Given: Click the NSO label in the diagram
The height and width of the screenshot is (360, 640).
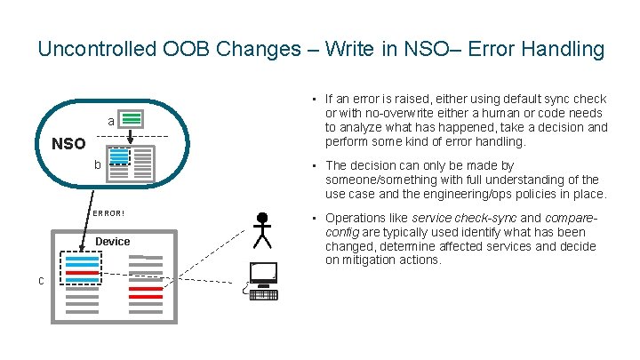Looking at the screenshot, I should (x=68, y=144).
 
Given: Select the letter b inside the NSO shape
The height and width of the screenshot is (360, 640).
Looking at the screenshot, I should (x=99, y=164).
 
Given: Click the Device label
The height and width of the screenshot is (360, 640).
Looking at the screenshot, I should (x=113, y=242).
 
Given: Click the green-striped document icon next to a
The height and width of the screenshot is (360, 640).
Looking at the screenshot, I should (x=132, y=118).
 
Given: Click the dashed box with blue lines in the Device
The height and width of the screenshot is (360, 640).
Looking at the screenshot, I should (x=82, y=268).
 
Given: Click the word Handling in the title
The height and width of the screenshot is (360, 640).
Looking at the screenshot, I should (x=564, y=49).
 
